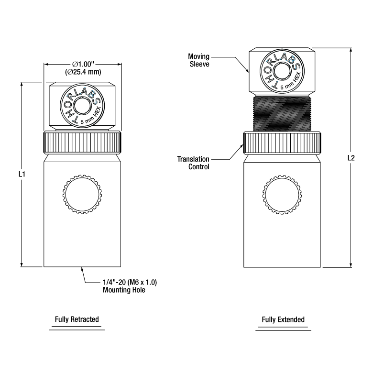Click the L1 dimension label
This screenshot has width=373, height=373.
22,175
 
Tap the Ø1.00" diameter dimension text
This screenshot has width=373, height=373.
82,64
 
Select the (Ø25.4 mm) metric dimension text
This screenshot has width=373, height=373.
82,72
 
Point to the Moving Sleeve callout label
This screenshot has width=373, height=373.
198,60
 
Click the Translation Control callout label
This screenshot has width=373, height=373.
193,163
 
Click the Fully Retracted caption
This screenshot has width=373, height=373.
77,319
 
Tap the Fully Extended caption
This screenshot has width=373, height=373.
283,319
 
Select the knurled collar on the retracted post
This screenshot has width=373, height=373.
82,141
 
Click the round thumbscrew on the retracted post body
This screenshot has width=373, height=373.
83,195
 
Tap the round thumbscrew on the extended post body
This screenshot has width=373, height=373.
282,195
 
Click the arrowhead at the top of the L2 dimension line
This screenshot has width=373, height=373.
351,50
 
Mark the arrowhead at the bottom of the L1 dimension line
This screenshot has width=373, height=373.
22,264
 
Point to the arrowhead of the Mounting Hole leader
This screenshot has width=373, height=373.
83,269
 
